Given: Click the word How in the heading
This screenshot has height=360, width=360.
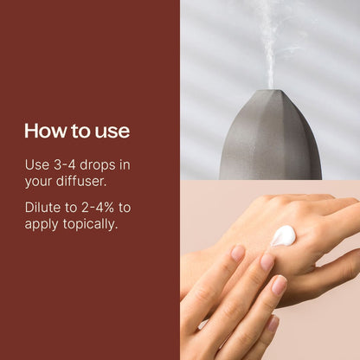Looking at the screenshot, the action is (45, 131).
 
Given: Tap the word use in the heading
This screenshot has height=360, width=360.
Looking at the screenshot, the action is (112, 132).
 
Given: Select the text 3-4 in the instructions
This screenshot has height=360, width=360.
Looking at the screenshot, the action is (65, 165).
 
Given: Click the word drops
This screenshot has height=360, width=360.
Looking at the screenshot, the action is (97, 165).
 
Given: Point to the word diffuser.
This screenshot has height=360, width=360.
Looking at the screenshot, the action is (81, 181).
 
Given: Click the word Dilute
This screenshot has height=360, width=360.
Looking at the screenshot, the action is (42, 208).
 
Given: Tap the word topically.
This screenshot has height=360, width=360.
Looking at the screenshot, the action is (90, 224).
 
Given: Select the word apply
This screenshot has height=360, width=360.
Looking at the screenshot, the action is (42, 225).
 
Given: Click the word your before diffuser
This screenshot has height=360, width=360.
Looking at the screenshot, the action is (39, 183).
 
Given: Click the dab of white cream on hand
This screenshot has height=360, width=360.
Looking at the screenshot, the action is (283, 235).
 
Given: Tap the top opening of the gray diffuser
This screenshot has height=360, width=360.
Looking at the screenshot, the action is (271, 91).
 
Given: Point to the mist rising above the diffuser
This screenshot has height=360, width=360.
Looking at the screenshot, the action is (271, 43).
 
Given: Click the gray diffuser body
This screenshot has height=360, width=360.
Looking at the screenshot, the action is (271, 138).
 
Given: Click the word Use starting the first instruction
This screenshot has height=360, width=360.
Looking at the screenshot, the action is (37, 165).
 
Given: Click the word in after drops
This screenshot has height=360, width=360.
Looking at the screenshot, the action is (125, 165).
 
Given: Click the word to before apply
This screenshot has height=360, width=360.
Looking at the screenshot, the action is (125, 208).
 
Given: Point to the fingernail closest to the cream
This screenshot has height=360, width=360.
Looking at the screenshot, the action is (267, 261).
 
